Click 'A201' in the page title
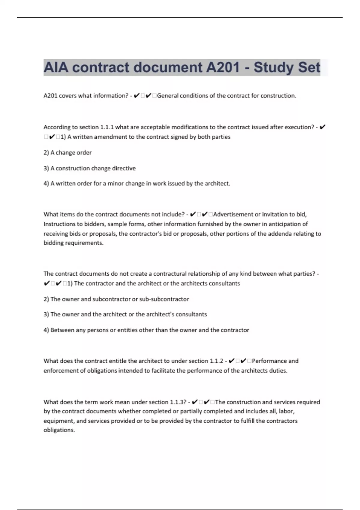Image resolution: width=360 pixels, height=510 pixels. tap(222, 67)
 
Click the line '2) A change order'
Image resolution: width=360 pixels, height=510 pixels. tap(67, 153)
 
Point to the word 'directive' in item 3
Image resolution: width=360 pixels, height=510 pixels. tap(124, 168)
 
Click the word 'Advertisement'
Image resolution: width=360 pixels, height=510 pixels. tap(233, 214)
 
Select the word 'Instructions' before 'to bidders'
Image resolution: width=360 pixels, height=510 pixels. tap(59, 224)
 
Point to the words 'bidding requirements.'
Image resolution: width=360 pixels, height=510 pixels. tap(73, 243)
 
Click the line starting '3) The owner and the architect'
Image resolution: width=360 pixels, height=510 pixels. tap(125, 314)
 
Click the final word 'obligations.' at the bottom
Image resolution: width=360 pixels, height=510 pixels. tap(59, 430)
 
